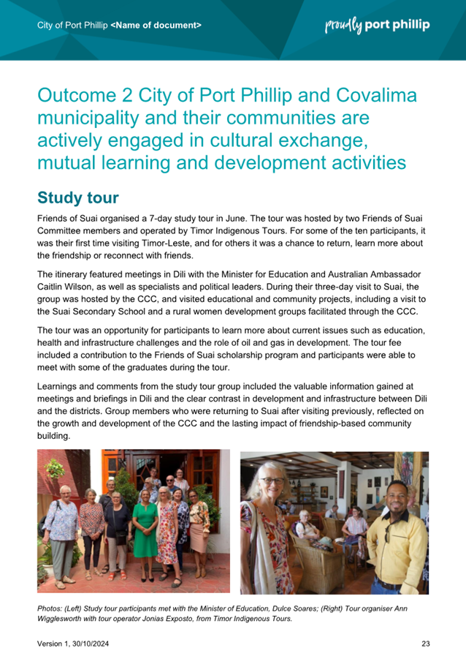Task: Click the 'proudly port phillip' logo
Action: point(377,26)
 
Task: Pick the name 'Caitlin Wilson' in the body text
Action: point(66,284)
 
